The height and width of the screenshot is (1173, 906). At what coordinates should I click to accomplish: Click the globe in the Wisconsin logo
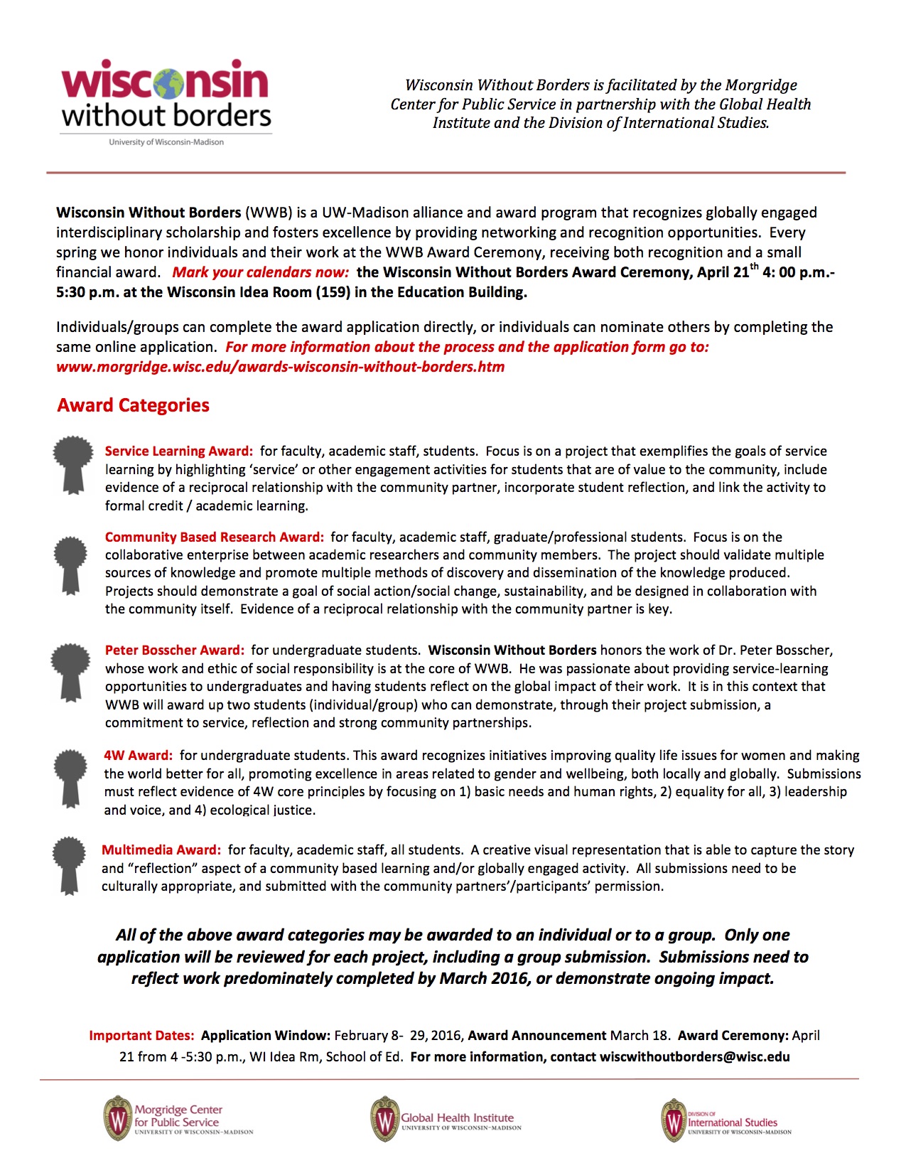(167, 83)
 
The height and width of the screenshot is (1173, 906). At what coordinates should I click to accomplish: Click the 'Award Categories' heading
(134, 405)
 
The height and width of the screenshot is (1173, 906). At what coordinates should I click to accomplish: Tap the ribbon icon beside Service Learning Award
(72, 464)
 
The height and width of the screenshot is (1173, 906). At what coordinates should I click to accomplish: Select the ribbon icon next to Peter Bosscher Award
(70, 670)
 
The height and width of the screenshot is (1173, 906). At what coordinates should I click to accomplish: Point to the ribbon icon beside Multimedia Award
(69, 864)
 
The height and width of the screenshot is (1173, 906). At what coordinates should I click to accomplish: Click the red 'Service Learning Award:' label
(178, 451)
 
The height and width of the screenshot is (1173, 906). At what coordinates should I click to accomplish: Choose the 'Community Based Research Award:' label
(214, 537)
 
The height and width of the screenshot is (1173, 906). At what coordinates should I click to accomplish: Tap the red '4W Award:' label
(138, 756)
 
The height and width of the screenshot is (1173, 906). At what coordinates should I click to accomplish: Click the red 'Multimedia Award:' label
(161, 850)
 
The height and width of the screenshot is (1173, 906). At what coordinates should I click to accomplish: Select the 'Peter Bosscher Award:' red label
(174, 650)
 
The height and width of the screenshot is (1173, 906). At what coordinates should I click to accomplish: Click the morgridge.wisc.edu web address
(280, 368)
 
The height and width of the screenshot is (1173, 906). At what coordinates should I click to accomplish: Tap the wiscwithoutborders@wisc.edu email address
(694, 1057)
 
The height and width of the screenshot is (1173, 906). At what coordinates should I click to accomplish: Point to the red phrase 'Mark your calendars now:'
(260, 272)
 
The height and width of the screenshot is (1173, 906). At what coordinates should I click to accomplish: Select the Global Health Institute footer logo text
(457, 1118)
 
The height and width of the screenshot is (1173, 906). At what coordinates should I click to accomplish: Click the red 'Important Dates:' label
(141, 1036)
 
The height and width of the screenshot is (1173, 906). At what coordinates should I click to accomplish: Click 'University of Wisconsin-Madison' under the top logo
(166, 142)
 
